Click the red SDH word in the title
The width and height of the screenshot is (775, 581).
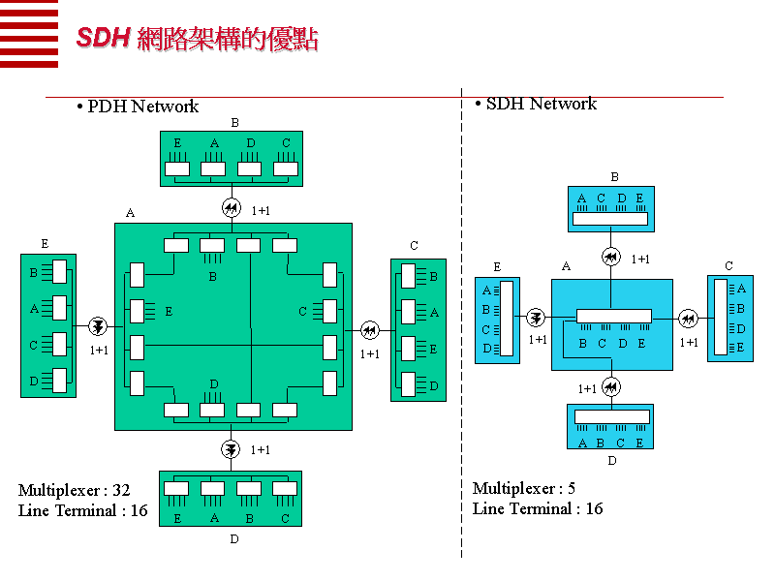point(102,39)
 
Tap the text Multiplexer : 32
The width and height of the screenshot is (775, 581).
point(74,490)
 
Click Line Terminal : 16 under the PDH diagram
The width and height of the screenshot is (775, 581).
point(82,510)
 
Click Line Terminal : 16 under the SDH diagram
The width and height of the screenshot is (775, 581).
point(537,508)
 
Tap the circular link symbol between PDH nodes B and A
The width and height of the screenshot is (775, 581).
point(231,207)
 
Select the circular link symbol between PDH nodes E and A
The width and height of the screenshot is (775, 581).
point(97,327)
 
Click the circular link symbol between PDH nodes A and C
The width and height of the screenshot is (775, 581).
point(369,330)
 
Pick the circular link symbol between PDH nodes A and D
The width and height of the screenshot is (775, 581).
point(231,449)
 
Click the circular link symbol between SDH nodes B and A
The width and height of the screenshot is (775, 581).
point(610,258)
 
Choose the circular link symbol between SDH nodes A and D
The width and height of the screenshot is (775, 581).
point(610,387)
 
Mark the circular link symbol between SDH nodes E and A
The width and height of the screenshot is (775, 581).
point(536,317)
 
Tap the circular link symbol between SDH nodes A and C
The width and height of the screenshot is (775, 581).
point(688,317)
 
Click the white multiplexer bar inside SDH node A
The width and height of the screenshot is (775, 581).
point(613,316)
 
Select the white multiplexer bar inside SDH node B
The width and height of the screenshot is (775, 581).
point(609,219)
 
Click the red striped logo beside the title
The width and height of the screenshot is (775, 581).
point(29,34)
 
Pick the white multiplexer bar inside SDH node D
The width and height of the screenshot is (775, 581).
point(611,417)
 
